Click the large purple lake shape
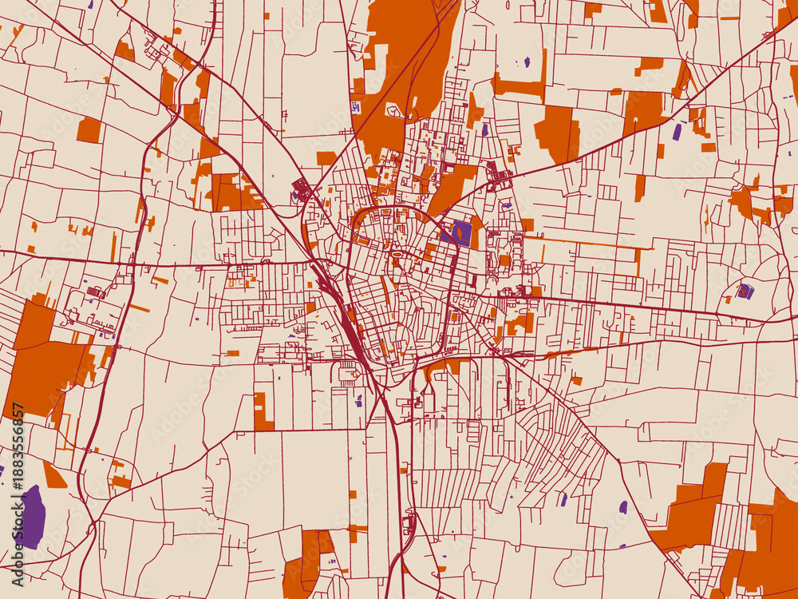click(x=31, y=517)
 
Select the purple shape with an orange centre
click(x=745, y=292)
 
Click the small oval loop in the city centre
click(x=397, y=255)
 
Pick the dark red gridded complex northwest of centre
click(x=302, y=190)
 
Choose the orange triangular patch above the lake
click(x=53, y=477)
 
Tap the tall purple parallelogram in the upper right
click(x=677, y=132)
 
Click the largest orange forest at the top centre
click(x=403, y=64)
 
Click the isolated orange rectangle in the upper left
click(x=89, y=130)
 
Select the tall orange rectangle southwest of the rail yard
click(x=262, y=411)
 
